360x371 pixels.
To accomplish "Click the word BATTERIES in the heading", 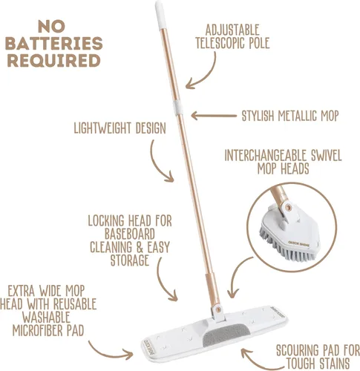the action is [x=54, y=44].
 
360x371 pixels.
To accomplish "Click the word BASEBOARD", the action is [x=130, y=234].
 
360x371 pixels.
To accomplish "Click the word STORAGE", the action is [x=130, y=260].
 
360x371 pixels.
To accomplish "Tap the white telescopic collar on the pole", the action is [x=178, y=108].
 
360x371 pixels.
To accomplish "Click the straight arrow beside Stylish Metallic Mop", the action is [x=214, y=116].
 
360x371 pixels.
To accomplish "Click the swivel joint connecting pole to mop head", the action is [x=217, y=309].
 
